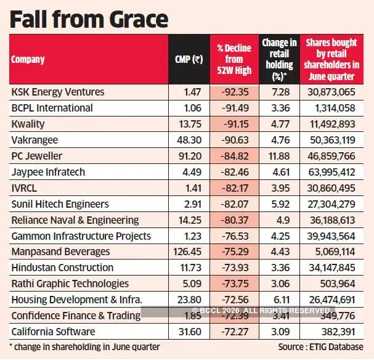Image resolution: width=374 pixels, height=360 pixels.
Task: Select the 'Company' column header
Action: click(28, 60)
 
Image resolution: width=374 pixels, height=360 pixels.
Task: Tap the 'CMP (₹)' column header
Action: click(189, 60)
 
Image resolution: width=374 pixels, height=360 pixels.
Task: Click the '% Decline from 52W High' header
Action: click(234, 59)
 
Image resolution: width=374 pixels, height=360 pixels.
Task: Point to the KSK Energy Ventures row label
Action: click(58, 92)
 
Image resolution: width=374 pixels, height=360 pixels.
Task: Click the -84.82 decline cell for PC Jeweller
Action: click(235, 156)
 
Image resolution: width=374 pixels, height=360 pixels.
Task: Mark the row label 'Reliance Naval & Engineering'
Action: click(75, 220)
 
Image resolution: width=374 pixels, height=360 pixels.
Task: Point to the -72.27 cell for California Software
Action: click(235, 332)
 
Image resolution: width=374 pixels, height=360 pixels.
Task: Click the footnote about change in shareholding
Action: click(84, 347)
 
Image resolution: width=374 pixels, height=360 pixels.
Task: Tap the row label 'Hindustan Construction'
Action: click(62, 268)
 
